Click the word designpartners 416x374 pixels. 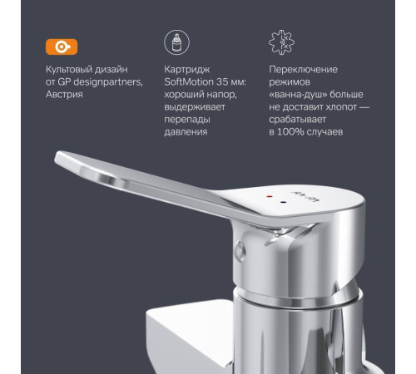click(x=103, y=81)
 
